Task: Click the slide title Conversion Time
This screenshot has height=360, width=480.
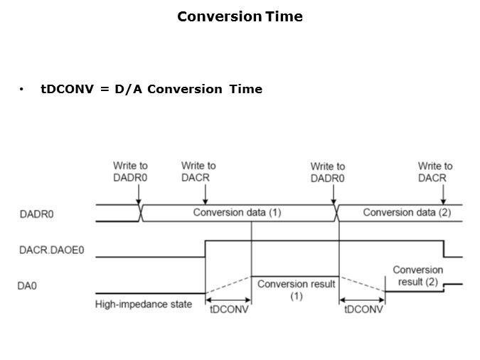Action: click(240, 16)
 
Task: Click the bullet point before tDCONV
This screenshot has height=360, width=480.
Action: click(23, 90)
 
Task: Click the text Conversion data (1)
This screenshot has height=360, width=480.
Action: click(238, 212)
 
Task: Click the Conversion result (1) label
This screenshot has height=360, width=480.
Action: click(296, 290)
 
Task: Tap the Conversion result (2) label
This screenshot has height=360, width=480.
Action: click(417, 276)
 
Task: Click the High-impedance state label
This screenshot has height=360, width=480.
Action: click(143, 305)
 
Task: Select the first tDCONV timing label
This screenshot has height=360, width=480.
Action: click(228, 311)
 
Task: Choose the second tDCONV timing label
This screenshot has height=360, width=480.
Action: click(363, 311)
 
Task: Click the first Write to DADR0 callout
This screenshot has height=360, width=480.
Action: click(130, 171)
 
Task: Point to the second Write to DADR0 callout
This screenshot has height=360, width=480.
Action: click(328, 172)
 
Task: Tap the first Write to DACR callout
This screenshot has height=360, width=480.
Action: click(198, 171)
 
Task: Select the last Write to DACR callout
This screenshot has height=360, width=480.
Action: click(435, 171)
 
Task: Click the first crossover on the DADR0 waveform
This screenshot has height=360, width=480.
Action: click(141, 212)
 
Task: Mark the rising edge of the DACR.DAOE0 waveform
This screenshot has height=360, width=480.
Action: click(206, 249)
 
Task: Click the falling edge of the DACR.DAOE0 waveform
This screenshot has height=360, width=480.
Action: click(444, 249)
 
